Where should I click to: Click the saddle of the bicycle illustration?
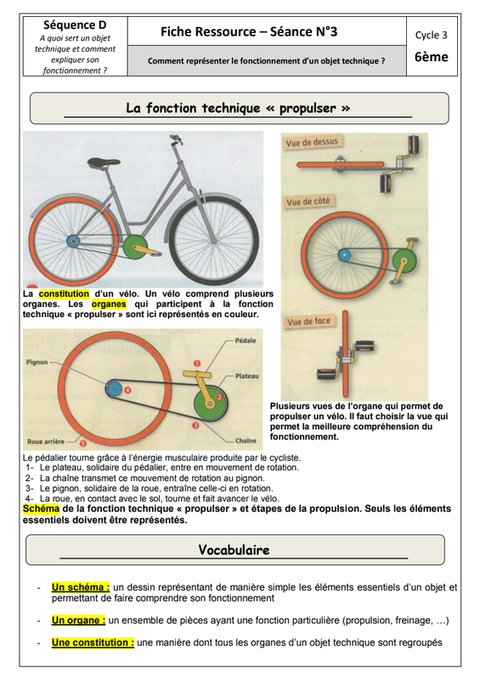point(103,162)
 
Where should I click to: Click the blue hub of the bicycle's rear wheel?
point(73,241)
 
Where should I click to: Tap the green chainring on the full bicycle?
point(134,246)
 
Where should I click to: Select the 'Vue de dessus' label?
point(311,142)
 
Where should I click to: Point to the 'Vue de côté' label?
point(308,201)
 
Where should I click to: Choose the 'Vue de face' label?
point(308,321)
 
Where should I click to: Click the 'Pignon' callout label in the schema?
point(37,362)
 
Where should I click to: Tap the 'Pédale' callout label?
point(246,341)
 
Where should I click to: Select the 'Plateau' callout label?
point(246,376)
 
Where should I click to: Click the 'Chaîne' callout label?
point(246,440)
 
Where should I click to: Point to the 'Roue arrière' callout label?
point(46,442)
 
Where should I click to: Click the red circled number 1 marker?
point(197,364)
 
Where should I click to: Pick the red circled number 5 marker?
point(82,443)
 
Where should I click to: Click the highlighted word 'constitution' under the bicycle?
point(65,294)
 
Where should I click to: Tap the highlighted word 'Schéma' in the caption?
point(41,508)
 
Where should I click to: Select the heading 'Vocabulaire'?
point(234,550)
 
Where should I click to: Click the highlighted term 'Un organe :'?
point(78,620)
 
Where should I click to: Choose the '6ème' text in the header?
point(432,57)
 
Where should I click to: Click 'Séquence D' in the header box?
point(75,25)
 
